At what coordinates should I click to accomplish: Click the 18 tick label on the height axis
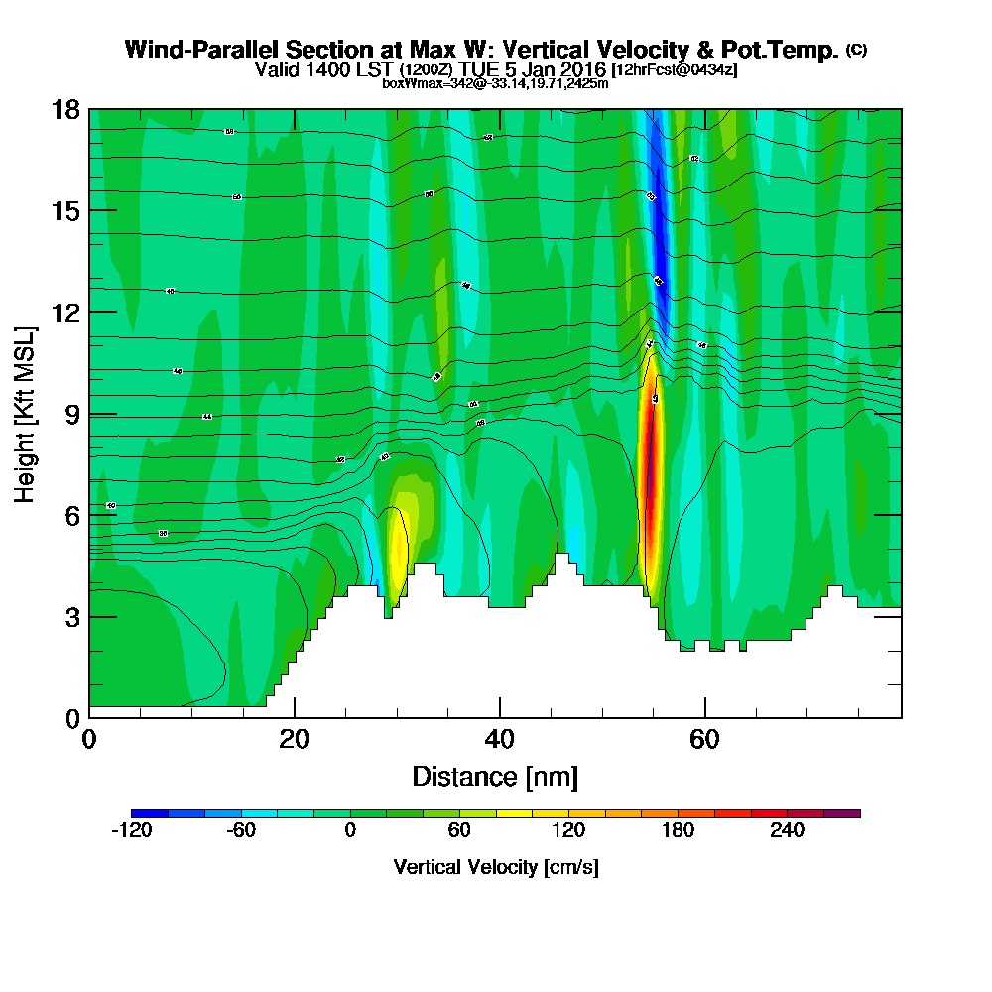(x=64, y=109)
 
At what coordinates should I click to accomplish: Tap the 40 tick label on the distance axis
(x=499, y=738)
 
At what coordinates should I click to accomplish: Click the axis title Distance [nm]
(x=495, y=776)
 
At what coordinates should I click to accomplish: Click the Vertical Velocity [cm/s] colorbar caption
(x=495, y=867)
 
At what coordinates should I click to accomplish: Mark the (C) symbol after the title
(x=856, y=50)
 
